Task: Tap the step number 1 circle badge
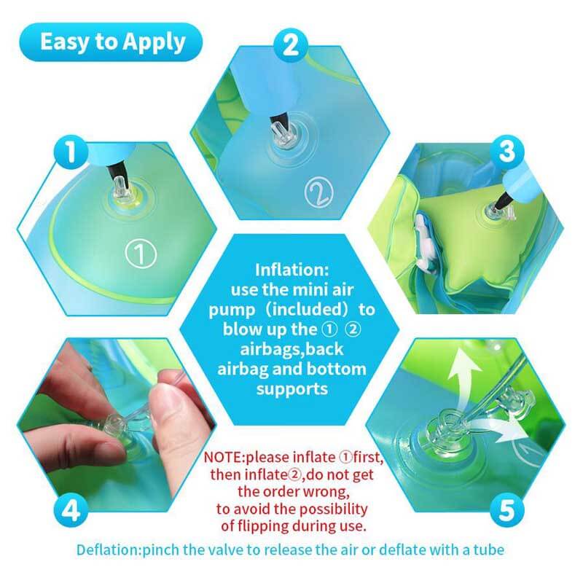coord(71,152)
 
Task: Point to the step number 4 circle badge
coord(71,509)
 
